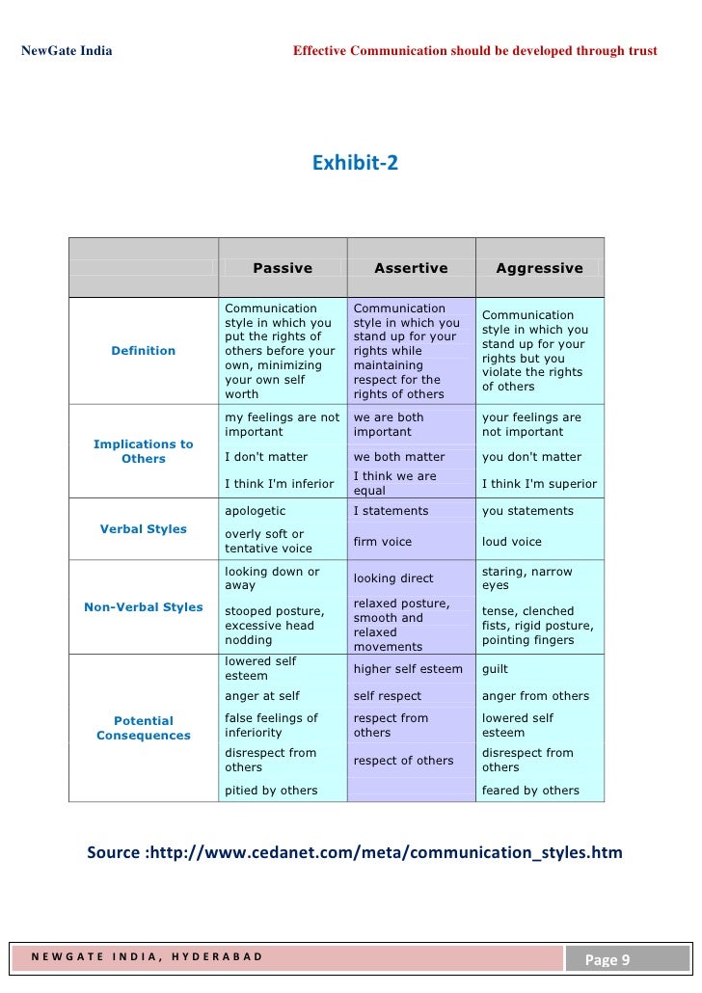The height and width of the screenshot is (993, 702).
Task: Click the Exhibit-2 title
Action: point(355,163)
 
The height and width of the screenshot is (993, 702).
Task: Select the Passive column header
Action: point(283,268)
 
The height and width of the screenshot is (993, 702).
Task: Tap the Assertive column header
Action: point(411,268)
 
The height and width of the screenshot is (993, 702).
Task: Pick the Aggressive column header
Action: point(539,268)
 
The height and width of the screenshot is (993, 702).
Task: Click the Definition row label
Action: point(144,351)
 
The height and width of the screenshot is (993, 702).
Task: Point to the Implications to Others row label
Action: point(144,451)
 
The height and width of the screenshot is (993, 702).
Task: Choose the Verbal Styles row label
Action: point(144,529)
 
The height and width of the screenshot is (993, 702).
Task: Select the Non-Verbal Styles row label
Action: point(144,607)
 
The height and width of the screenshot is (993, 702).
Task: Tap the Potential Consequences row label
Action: point(144,728)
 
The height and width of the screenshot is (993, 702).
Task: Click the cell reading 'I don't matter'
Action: point(266,457)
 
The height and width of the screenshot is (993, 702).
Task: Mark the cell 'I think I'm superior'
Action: point(539,484)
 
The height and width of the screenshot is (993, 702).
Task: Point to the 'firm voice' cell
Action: point(383,542)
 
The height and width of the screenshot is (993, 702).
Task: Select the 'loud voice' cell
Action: point(512,542)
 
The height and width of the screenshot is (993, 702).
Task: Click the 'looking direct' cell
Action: point(393,578)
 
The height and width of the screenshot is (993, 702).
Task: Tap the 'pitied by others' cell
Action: point(271,791)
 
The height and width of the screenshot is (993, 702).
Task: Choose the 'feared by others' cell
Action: point(530,791)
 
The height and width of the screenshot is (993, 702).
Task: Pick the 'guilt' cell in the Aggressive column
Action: point(495,669)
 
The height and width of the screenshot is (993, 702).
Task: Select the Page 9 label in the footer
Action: point(607,959)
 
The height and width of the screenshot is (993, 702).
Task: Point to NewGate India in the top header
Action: point(67,50)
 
